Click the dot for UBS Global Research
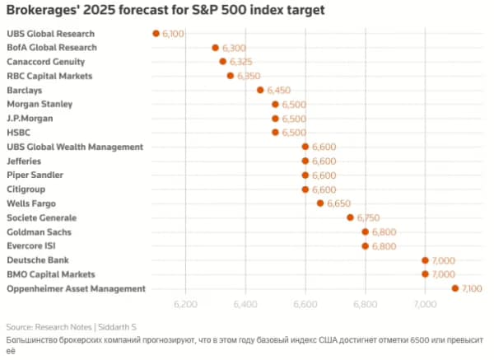156,34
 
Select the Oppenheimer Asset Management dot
455,288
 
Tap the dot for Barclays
260,90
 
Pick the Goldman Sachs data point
366,231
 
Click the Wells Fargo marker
320,203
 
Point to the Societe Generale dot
350,217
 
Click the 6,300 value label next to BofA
234,49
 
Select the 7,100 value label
473,288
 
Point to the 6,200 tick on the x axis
186,305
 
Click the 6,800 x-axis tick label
366,305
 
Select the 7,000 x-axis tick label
425,305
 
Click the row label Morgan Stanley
40,105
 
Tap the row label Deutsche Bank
38,259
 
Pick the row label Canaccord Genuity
45,62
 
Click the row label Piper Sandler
35,175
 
